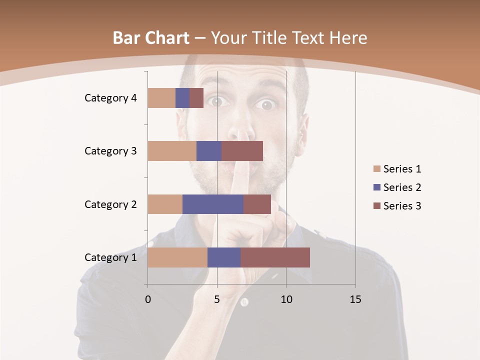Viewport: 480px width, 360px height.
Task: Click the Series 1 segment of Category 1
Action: point(177,257)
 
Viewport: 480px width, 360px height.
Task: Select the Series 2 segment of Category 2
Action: point(213,204)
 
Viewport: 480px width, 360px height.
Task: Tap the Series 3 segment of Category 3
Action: point(242,151)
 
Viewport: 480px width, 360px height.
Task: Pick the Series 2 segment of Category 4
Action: point(182,98)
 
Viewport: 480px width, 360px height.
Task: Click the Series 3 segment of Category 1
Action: point(275,257)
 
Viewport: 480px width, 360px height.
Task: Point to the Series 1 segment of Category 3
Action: point(172,151)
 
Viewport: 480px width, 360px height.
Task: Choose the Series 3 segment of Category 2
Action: point(257,204)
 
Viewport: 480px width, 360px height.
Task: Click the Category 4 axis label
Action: point(110,98)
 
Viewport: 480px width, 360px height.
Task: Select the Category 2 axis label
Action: point(110,204)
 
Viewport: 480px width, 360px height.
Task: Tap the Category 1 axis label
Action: point(110,257)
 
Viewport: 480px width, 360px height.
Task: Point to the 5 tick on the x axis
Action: point(217,299)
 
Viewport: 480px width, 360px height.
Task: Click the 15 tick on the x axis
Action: point(355,299)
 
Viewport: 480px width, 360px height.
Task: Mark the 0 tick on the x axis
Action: point(148,299)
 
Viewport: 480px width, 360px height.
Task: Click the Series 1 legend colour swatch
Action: point(376,169)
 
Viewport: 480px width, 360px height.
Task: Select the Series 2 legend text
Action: point(402,187)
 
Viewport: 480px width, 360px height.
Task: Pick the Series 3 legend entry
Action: point(397,206)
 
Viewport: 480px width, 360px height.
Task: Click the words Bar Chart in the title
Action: point(151,38)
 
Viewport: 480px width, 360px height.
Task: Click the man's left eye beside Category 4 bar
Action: point(216,102)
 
